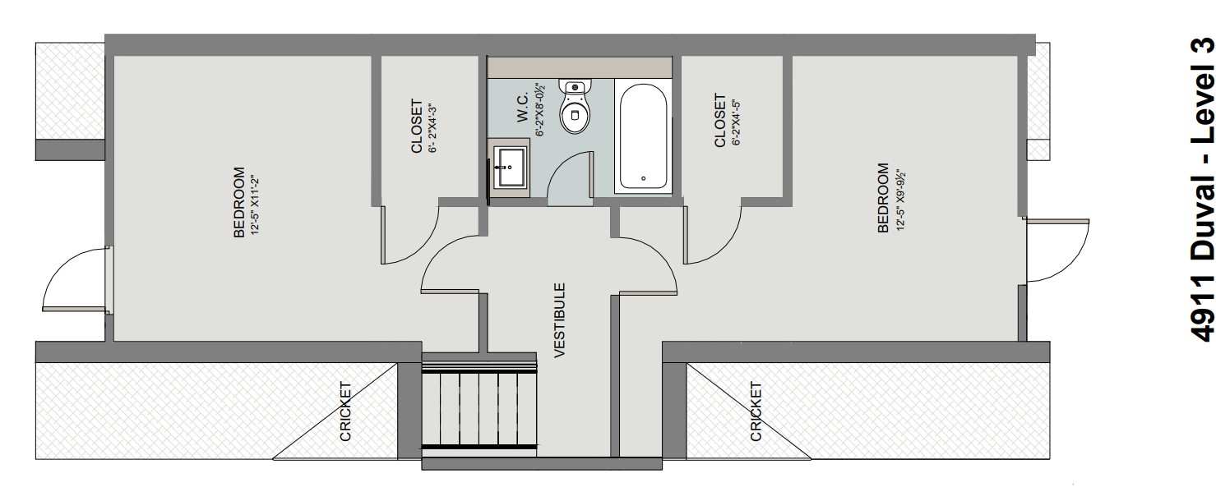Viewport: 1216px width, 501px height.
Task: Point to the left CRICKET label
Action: [x=346, y=411]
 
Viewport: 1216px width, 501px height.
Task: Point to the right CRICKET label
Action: [x=756, y=411]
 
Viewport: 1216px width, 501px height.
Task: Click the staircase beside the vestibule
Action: [x=479, y=402]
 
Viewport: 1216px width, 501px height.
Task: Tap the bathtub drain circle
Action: [x=643, y=177]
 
